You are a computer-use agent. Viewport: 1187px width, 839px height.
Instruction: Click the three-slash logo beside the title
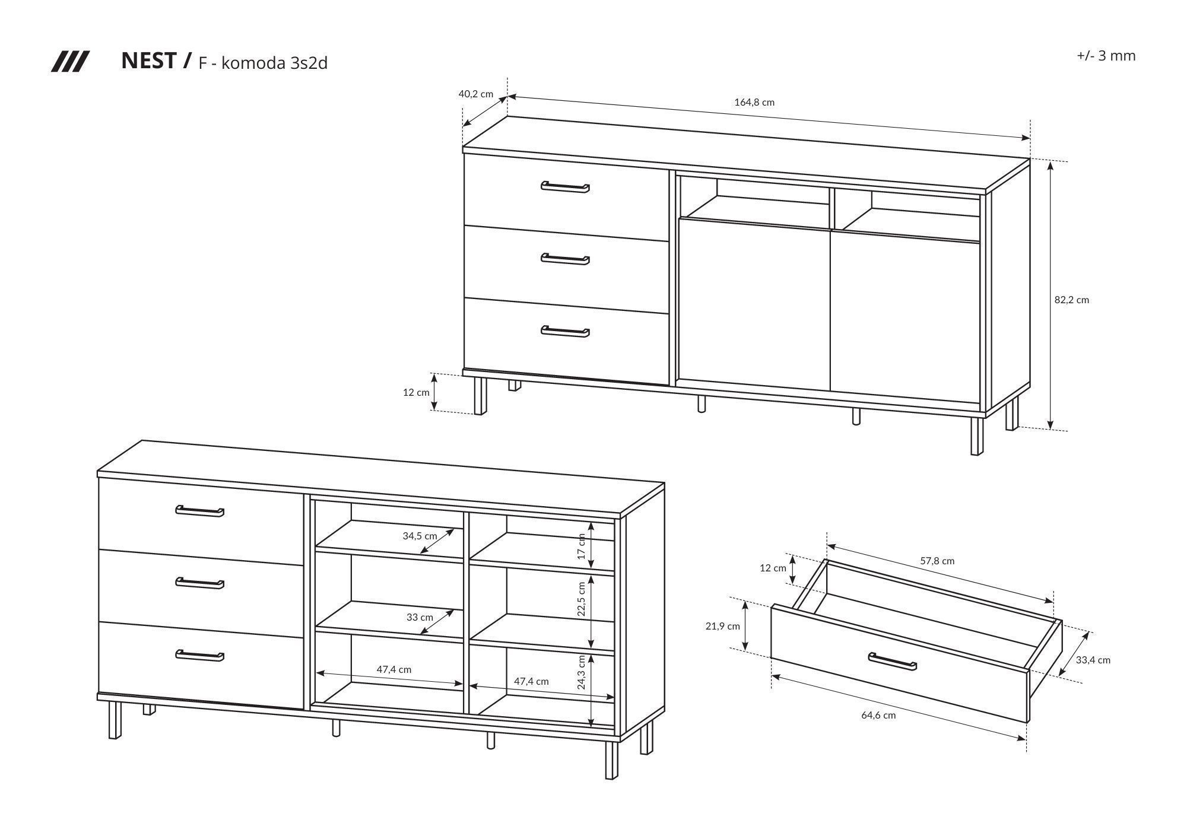coord(70,62)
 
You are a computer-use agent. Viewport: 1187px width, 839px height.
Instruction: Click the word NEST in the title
coord(148,61)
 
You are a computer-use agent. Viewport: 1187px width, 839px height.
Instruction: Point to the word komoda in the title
coord(253,63)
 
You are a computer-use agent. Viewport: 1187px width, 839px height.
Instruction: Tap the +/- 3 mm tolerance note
coord(1106,56)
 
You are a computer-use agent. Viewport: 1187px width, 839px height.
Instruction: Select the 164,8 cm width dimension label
coord(754,102)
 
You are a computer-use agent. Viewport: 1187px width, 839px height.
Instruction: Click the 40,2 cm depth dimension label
coord(476,94)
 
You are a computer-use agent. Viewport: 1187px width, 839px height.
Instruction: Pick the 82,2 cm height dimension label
coord(1072,300)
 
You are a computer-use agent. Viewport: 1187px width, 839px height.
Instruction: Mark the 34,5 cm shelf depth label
coord(420,536)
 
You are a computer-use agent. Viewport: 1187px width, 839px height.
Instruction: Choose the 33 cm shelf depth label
coord(420,617)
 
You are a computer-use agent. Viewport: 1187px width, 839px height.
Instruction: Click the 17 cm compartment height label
coord(582,546)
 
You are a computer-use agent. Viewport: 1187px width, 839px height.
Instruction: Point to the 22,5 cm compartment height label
coord(582,599)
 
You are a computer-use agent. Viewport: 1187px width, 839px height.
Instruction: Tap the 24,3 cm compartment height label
coord(582,672)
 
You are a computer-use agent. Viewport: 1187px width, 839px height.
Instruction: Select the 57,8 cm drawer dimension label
coord(937,561)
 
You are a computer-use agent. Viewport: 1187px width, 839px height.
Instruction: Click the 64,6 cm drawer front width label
coord(879,715)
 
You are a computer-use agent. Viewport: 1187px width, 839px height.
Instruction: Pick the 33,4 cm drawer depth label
coord(1093,660)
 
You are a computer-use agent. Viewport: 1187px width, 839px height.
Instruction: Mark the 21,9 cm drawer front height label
coord(723,626)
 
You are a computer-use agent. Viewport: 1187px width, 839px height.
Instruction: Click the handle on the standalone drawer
coord(892,661)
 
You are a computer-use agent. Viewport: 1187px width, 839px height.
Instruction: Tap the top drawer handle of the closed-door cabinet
coord(565,187)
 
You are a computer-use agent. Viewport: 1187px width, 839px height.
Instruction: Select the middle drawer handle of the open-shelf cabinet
coord(200,583)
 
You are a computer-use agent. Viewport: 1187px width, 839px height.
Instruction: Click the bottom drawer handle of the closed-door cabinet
coord(565,331)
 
